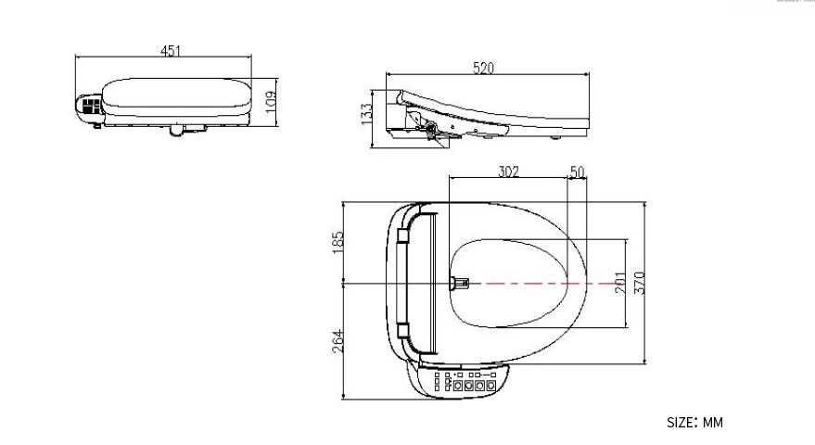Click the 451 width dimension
point(171,51)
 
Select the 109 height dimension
point(270,99)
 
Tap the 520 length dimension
point(483,68)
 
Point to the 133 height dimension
point(367,113)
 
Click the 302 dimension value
point(507,171)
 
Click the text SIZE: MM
point(694,423)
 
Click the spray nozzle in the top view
point(461,282)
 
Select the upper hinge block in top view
point(403,237)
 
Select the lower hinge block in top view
point(403,329)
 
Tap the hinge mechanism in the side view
point(426,127)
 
